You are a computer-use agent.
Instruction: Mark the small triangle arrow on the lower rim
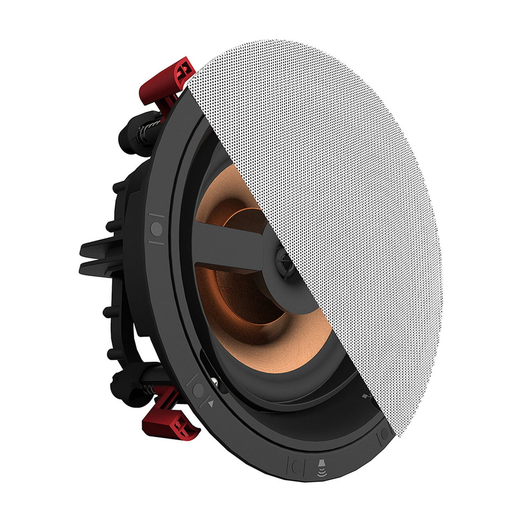(210, 404)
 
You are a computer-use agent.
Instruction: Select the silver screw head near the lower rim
(214, 379)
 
